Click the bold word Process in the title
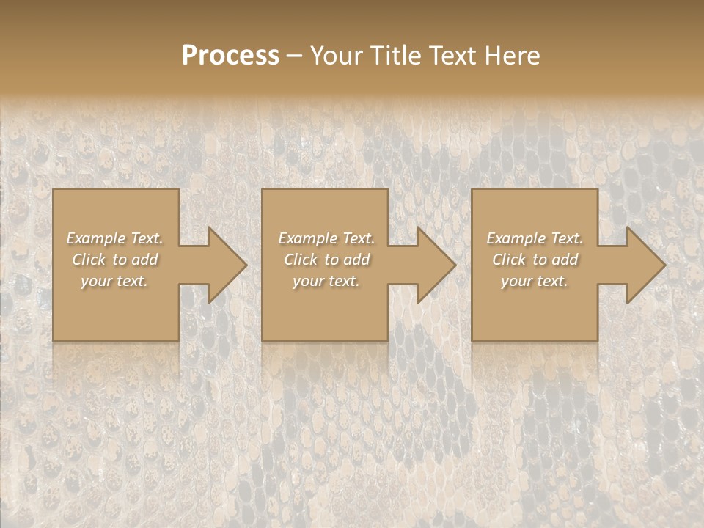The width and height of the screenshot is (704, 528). pyautogui.click(x=230, y=56)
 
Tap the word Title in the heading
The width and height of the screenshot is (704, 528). pyautogui.click(x=395, y=56)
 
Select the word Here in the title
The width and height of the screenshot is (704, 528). pyautogui.click(x=513, y=56)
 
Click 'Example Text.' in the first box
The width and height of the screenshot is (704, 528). pyautogui.click(x=114, y=238)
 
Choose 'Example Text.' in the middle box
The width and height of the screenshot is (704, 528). pyautogui.click(x=326, y=238)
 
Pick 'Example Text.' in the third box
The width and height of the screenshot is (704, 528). pyautogui.click(x=535, y=238)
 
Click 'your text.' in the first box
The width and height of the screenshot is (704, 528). pyautogui.click(x=114, y=281)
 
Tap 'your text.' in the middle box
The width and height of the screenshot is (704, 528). pyautogui.click(x=326, y=281)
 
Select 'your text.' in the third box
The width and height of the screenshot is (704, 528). pyautogui.click(x=535, y=281)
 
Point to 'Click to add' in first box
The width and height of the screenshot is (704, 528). pyautogui.click(x=114, y=260)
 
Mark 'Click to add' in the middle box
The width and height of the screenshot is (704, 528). pyautogui.click(x=326, y=260)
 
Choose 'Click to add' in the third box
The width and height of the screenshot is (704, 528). pyautogui.click(x=535, y=260)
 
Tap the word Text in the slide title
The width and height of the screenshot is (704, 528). pyautogui.click(x=452, y=56)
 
